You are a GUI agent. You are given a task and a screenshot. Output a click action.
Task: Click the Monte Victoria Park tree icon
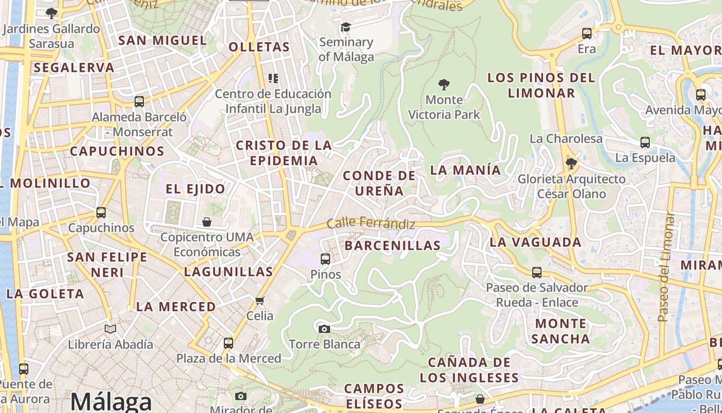click(444, 84)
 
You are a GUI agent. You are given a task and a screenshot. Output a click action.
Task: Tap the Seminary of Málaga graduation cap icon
click(346, 27)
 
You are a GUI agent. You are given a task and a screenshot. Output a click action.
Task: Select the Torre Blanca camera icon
click(324, 329)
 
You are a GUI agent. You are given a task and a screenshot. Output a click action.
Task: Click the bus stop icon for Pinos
click(325, 259)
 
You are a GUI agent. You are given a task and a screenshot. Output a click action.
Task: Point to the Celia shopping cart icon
click(259, 300)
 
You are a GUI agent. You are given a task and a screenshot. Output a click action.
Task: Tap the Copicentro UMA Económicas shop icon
click(207, 222)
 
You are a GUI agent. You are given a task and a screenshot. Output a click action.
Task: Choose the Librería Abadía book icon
click(110, 329)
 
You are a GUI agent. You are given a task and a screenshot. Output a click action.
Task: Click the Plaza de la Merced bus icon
click(228, 343)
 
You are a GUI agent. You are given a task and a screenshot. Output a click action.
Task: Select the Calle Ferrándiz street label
click(371, 224)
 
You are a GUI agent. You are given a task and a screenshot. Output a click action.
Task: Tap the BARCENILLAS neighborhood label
click(392, 245)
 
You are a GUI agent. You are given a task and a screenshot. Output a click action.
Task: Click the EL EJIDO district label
click(195, 189)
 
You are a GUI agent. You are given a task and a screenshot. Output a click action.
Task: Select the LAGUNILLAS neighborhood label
click(228, 272)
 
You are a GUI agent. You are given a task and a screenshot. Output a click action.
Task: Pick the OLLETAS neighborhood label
click(259, 47)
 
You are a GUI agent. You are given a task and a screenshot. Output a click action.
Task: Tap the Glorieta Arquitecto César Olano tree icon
click(571, 164)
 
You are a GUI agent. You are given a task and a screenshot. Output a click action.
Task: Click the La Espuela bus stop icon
click(645, 142)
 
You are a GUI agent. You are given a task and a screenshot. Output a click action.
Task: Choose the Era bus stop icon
click(587, 34)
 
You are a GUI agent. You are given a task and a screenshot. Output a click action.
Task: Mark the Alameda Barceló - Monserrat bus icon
click(139, 101)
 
